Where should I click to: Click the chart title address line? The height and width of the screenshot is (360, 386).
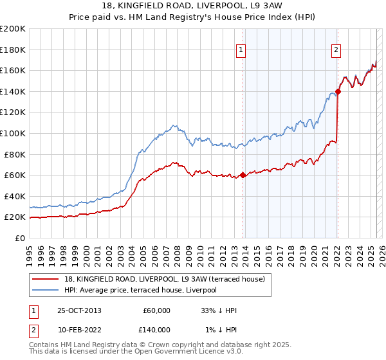(x=193, y=6)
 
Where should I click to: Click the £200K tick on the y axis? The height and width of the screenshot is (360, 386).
(x=13, y=28)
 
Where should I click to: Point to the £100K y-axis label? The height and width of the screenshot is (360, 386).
(x=13, y=133)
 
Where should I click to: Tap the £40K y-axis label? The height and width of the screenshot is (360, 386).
(x=15, y=196)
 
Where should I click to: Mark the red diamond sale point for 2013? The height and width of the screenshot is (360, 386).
(x=243, y=175)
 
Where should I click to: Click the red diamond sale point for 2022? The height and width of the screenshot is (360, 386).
(x=338, y=91)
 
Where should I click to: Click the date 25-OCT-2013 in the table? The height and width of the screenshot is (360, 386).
(x=79, y=310)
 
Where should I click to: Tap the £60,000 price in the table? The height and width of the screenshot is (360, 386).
(x=156, y=310)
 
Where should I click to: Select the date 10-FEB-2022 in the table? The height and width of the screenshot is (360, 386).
(x=79, y=330)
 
